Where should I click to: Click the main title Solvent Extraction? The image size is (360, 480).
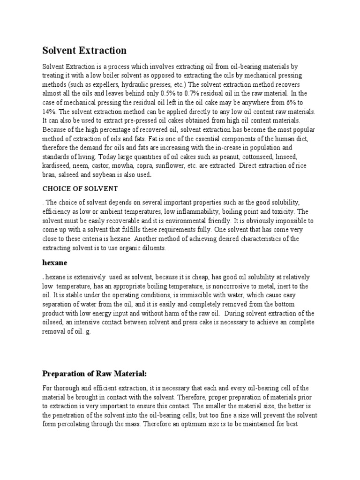click(x=84, y=50)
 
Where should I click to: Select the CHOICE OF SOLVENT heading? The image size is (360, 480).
click(x=80, y=189)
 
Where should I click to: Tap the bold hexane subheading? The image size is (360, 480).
click(x=56, y=263)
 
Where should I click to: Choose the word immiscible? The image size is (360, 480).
click(x=199, y=295)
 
